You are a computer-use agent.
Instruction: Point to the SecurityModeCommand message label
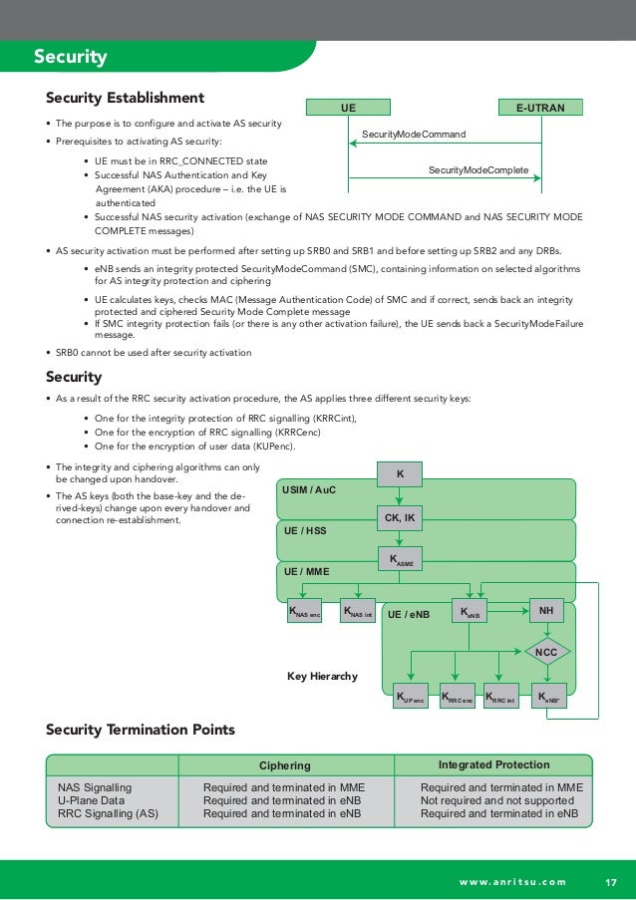413,134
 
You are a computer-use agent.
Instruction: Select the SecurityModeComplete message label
478,170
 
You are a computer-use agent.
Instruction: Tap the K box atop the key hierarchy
400,474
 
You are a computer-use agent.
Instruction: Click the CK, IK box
400,516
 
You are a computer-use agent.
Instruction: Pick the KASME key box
400,560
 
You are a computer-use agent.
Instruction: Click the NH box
546,610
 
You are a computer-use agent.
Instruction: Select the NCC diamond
546,652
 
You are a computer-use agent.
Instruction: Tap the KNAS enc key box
305,611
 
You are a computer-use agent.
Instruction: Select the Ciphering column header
285,765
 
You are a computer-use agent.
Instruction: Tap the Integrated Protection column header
493,764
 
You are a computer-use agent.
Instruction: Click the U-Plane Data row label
91,800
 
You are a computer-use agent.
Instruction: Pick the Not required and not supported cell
496,800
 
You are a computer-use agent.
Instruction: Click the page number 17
611,880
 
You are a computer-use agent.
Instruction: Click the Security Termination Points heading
141,731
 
